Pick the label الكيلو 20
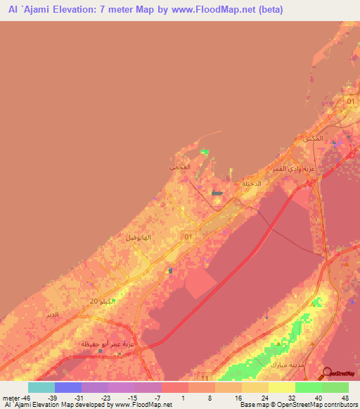101,301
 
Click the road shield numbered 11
204,377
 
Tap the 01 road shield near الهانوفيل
187,238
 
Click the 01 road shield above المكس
351,103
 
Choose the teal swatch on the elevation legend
41,387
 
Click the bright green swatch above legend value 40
308,387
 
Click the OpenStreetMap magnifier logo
328,373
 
